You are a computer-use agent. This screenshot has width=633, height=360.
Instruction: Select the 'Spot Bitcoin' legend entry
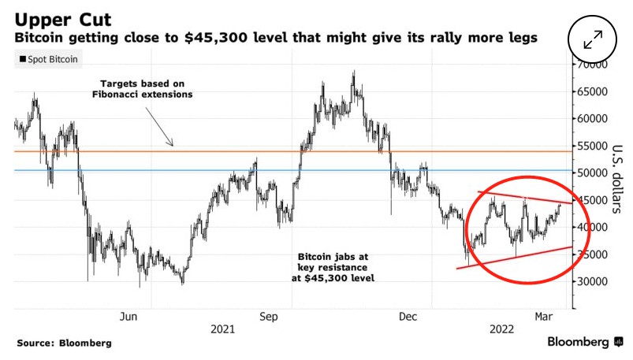point(48,59)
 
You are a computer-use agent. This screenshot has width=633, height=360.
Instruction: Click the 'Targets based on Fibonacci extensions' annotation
point(146,88)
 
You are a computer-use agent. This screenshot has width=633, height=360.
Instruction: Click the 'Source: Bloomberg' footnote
point(63,343)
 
